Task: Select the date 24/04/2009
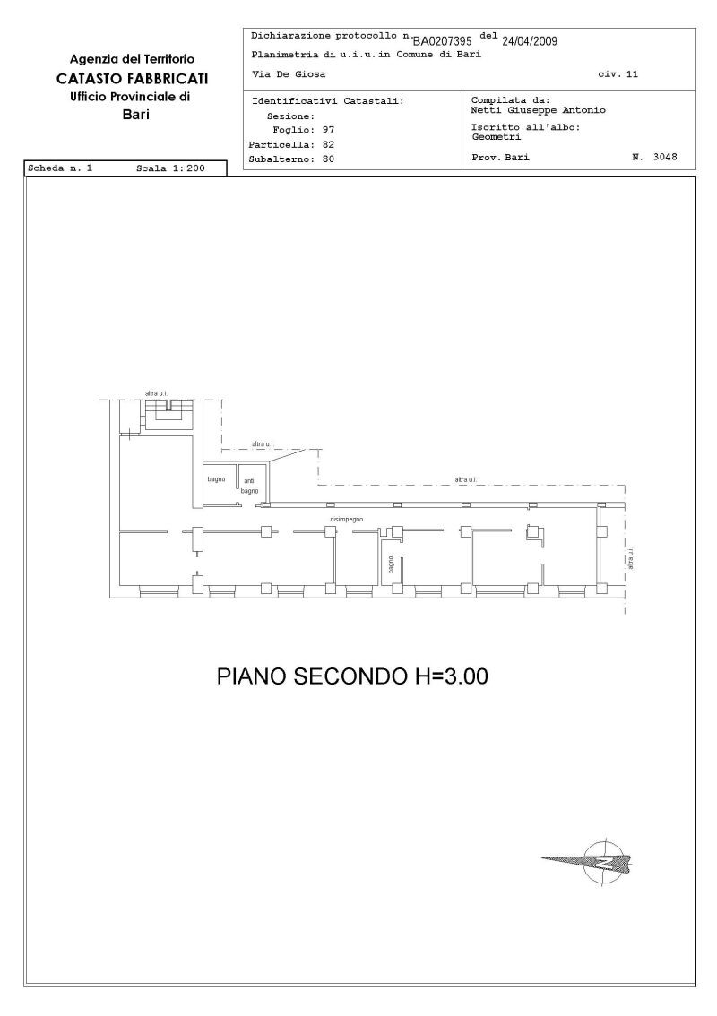[530, 41]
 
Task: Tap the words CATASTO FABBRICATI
[133, 79]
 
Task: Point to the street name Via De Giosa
[289, 74]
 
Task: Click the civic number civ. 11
[618, 74]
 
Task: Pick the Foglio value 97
[328, 130]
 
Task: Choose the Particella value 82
[328, 144]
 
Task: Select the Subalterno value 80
[328, 159]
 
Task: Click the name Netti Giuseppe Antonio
[538, 110]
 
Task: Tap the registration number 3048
[665, 157]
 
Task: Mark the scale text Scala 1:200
[170, 168]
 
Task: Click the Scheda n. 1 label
[60, 168]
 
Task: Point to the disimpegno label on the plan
[347, 519]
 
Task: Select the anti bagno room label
[249, 486]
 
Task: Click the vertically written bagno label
[391, 565]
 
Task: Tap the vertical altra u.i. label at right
[631, 559]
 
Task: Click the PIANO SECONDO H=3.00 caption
[352, 676]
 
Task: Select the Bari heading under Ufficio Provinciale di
[135, 116]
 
